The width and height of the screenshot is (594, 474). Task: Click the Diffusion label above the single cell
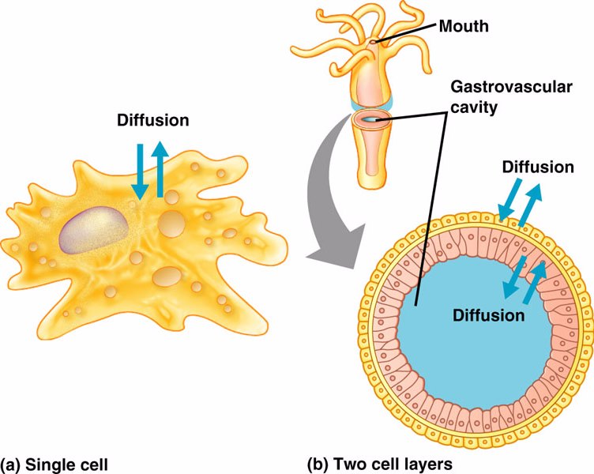click(x=152, y=121)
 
